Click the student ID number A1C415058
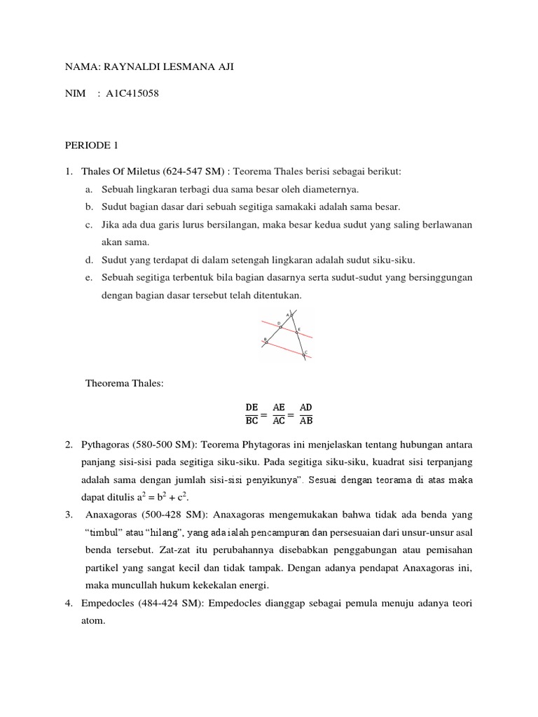[x=133, y=92]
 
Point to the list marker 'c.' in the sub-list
[x=89, y=225]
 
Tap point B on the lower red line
[x=265, y=342]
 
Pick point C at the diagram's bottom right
[x=304, y=354]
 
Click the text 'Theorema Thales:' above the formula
[x=125, y=383]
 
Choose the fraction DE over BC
[x=251, y=414]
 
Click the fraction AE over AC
[x=279, y=414]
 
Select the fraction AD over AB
[x=306, y=414]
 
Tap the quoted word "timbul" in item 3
[x=105, y=531]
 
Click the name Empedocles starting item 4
[x=108, y=603]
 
